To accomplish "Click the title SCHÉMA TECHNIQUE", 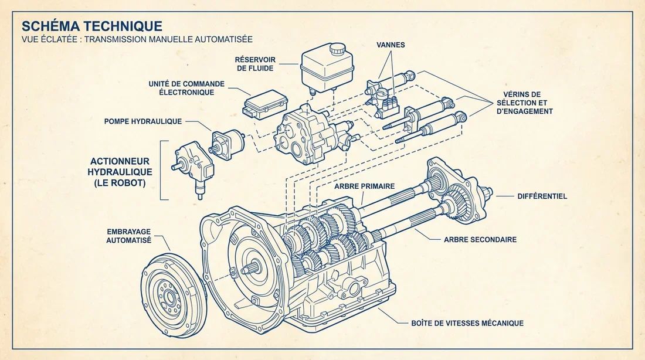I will click(x=91, y=26).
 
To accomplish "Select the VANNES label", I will click(x=392, y=45).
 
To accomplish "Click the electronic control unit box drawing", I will click(x=264, y=104).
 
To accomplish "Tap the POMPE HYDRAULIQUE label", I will click(x=142, y=121).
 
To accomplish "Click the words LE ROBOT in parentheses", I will click(x=120, y=183).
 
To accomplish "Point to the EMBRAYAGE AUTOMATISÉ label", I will click(x=128, y=236).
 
